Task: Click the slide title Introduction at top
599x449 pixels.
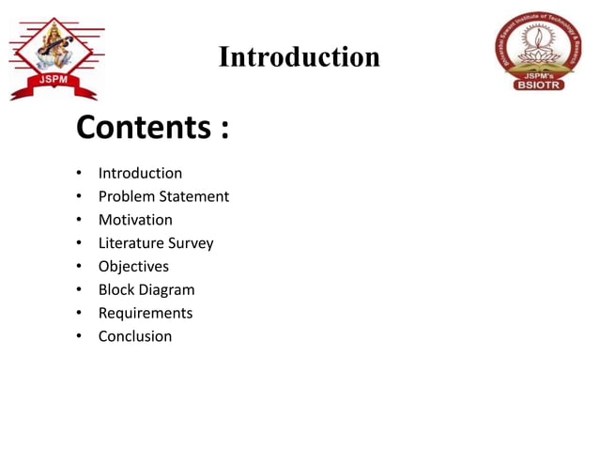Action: (299, 57)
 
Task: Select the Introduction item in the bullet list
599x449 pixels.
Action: (140, 173)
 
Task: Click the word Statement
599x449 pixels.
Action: (194, 196)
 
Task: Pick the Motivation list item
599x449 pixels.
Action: (135, 220)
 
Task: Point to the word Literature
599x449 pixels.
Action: (131, 243)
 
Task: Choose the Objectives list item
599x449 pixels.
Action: (133, 267)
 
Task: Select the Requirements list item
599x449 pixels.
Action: (146, 313)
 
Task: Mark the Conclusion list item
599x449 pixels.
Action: (135, 336)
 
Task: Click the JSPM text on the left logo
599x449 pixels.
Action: (53, 80)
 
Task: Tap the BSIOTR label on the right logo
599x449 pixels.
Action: (540, 85)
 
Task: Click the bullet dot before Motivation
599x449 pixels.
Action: (80, 221)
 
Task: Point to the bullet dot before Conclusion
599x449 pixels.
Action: (80, 337)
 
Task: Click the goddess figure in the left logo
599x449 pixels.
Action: (53, 47)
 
